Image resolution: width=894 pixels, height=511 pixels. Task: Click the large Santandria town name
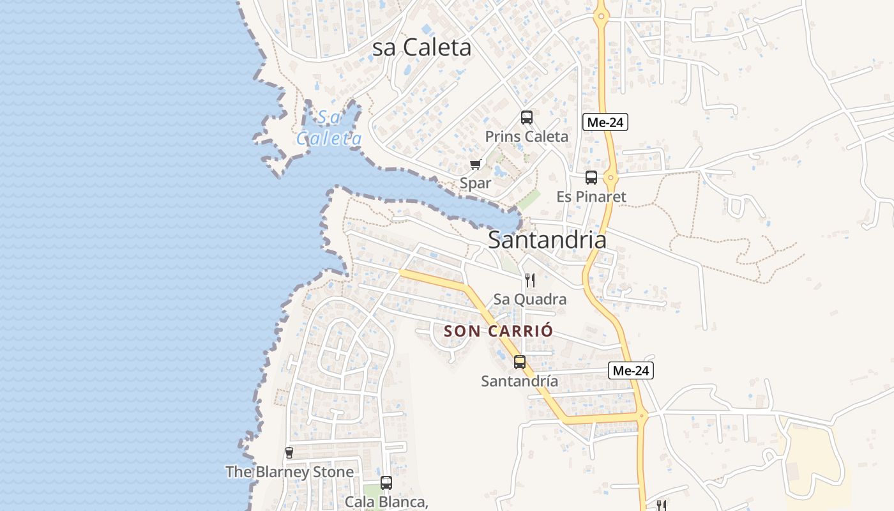coord(547,240)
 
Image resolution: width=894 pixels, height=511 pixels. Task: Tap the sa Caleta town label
coord(421,47)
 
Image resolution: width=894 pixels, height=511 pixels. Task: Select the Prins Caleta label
coord(526,136)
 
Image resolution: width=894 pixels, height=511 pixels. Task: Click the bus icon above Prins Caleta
coord(526,118)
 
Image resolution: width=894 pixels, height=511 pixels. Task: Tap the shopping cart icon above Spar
coord(475,165)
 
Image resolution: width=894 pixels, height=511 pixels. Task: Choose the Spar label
coord(476,183)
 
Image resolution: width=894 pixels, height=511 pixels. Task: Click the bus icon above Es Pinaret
coord(591,178)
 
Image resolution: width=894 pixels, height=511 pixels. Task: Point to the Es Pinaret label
coord(591,197)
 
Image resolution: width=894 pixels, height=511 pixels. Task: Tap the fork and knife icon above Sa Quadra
coord(529,280)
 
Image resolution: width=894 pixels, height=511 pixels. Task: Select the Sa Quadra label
coord(529,299)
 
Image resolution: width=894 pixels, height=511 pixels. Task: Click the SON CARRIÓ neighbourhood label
coord(498,331)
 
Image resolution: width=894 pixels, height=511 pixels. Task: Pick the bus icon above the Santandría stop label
coord(520,362)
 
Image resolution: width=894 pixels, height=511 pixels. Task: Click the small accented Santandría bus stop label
coord(519,381)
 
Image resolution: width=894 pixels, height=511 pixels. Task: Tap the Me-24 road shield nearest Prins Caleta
coord(605,122)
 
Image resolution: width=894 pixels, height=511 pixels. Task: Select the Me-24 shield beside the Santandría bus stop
coord(631,370)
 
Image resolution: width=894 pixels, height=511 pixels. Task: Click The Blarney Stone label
coord(289,472)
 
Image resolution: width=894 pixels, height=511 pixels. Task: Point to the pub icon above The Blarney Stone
coord(289,453)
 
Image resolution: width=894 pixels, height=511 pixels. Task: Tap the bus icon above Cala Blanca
coord(386,483)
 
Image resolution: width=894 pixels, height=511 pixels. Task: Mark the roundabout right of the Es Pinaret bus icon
coord(611,178)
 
